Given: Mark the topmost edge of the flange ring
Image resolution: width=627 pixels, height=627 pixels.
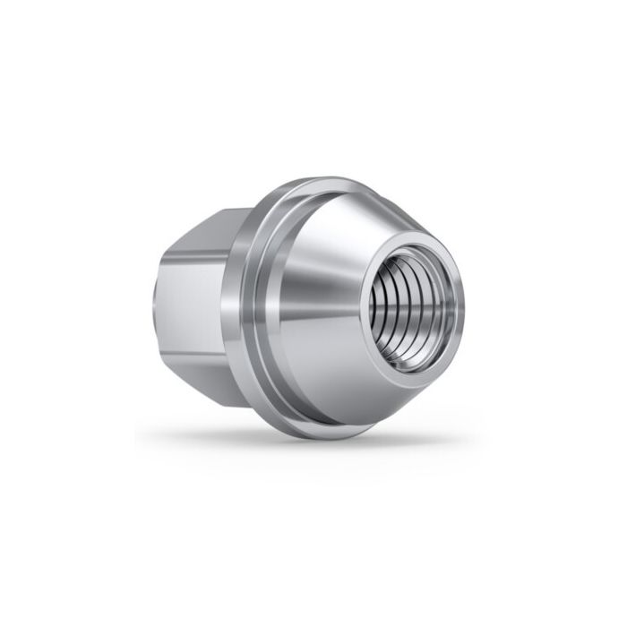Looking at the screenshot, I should [313, 180].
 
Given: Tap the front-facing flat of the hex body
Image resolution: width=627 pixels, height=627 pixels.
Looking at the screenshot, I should [193, 296].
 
